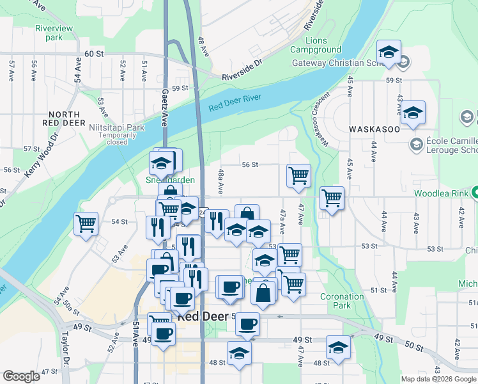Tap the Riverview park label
(54, 33)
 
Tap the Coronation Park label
(342, 301)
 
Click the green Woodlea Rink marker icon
(474, 193)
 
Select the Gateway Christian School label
(337, 63)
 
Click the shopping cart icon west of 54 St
(86, 224)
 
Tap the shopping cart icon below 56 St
(299, 175)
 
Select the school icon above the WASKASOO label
(413, 113)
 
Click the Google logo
(22, 377)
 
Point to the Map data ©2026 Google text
(438, 379)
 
